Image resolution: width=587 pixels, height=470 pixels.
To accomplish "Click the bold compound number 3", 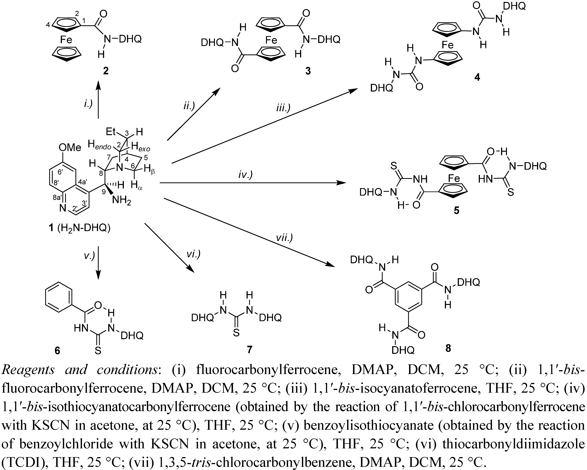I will pos(308,71).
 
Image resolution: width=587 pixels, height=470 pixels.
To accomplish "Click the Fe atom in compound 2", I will pos(66,40).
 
